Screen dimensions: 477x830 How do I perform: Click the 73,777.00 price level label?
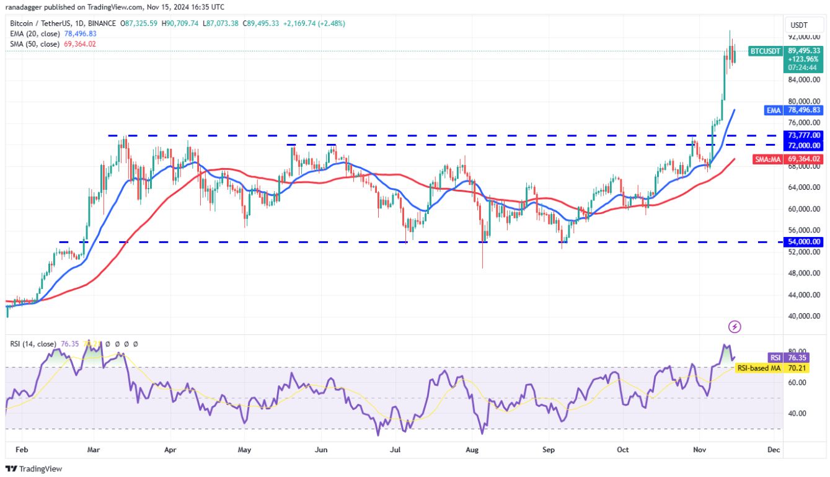[804, 135]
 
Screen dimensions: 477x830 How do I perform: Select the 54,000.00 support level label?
[804, 241]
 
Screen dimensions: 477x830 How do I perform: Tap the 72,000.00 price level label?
[804, 145]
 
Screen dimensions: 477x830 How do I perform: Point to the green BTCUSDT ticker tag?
[765, 51]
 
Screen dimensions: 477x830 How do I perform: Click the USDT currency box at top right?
[798, 25]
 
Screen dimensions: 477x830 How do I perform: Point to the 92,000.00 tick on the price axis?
[804, 37]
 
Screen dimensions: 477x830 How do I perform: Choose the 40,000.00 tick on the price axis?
[804, 316]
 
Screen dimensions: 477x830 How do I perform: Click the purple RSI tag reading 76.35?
[775, 358]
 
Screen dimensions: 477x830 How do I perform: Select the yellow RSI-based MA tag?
[758, 368]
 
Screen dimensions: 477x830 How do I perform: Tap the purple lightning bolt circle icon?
[735, 326]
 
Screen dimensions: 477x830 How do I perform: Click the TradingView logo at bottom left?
[34, 469]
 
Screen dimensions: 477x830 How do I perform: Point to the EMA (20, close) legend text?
[35, 33]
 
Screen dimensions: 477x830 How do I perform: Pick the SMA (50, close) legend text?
[35, 44]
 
